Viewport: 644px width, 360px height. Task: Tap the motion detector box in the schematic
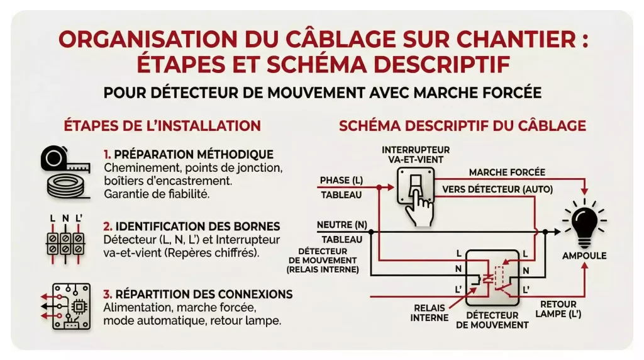tap(494, 278)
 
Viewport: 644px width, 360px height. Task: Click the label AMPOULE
tap(585, 256)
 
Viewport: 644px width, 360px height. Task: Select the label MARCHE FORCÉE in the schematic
tap(507, 172)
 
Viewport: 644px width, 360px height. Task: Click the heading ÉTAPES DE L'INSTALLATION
tap(162, 125)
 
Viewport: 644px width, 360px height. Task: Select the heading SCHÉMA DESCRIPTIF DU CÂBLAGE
tap(462, 125)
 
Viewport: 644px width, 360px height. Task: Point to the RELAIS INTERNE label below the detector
tap(430, 313)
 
